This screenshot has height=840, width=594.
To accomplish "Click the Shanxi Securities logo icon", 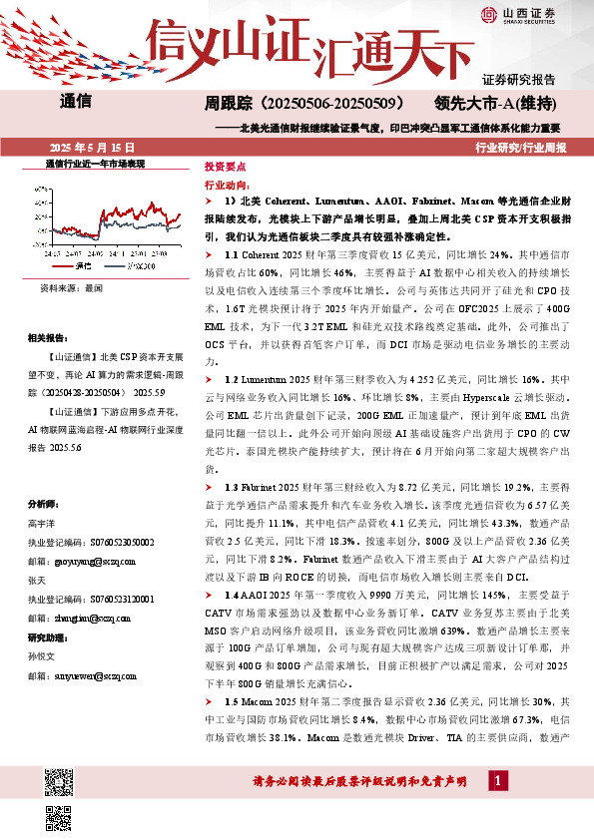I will (x=489, y=14).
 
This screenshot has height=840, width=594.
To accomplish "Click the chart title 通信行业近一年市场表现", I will (x=97, y=163).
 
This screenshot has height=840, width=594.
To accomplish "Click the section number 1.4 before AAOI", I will (x=234, y=564).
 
